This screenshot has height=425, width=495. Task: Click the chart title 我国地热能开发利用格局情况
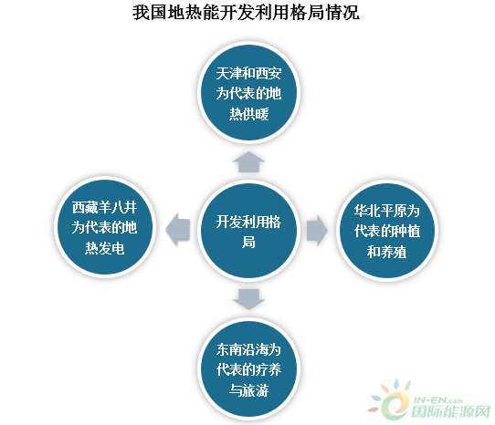246,13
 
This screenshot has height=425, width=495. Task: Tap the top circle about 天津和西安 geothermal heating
248,93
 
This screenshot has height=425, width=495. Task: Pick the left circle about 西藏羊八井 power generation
104,227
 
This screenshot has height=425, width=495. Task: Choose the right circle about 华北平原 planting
386,231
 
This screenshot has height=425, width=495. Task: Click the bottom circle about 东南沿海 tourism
248,368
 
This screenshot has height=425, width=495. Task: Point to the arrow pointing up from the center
248,162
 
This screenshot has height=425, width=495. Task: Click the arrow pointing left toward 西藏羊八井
178,229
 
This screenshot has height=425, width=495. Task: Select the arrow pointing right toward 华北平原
317,231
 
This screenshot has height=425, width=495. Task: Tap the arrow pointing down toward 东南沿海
248,299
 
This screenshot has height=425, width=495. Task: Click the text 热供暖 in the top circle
248,114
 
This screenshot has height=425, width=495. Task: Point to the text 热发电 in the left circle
104,248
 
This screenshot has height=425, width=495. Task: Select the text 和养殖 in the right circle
386,252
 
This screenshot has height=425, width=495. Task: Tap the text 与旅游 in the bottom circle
248,390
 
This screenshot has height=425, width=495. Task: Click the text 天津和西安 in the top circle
248,73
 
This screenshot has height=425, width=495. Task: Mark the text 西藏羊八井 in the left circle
104,207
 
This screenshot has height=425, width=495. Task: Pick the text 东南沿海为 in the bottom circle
248,349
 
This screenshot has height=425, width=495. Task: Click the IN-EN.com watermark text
437,400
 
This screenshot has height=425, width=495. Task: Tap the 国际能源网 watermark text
451,411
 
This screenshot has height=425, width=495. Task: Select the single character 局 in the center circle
248,243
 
